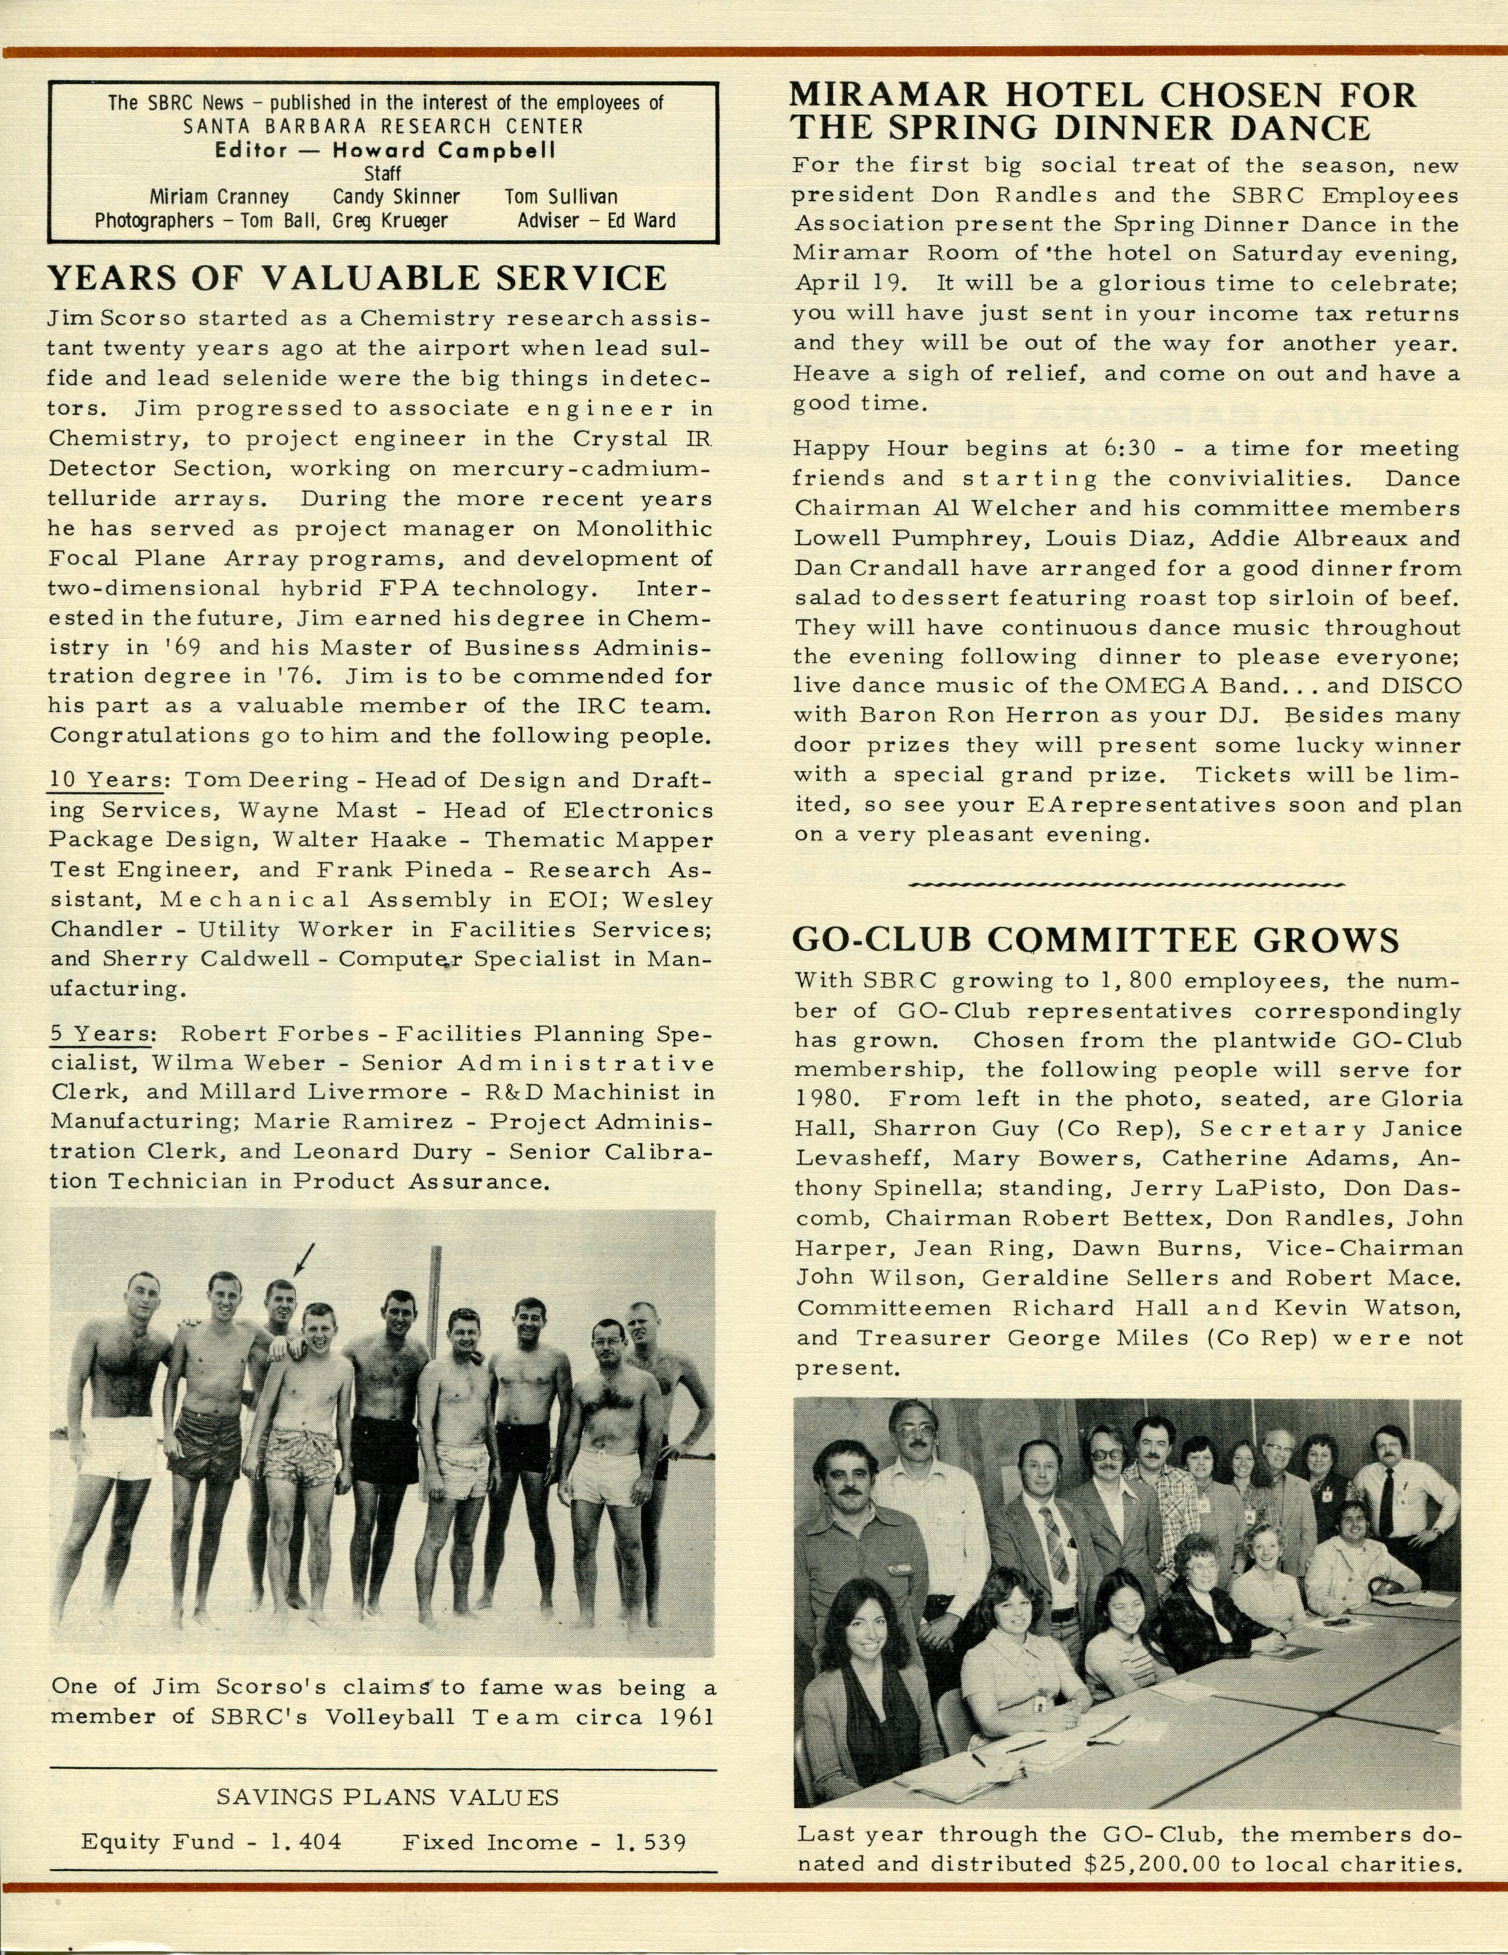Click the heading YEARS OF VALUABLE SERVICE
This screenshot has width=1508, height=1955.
click(357, 278)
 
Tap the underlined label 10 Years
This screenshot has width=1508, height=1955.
click(106, 780)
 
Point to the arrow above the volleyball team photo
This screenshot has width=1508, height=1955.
click(303, 1260)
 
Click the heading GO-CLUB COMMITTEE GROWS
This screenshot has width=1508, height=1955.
click(1095, 940)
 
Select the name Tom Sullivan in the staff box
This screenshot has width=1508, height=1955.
click(560, 197)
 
